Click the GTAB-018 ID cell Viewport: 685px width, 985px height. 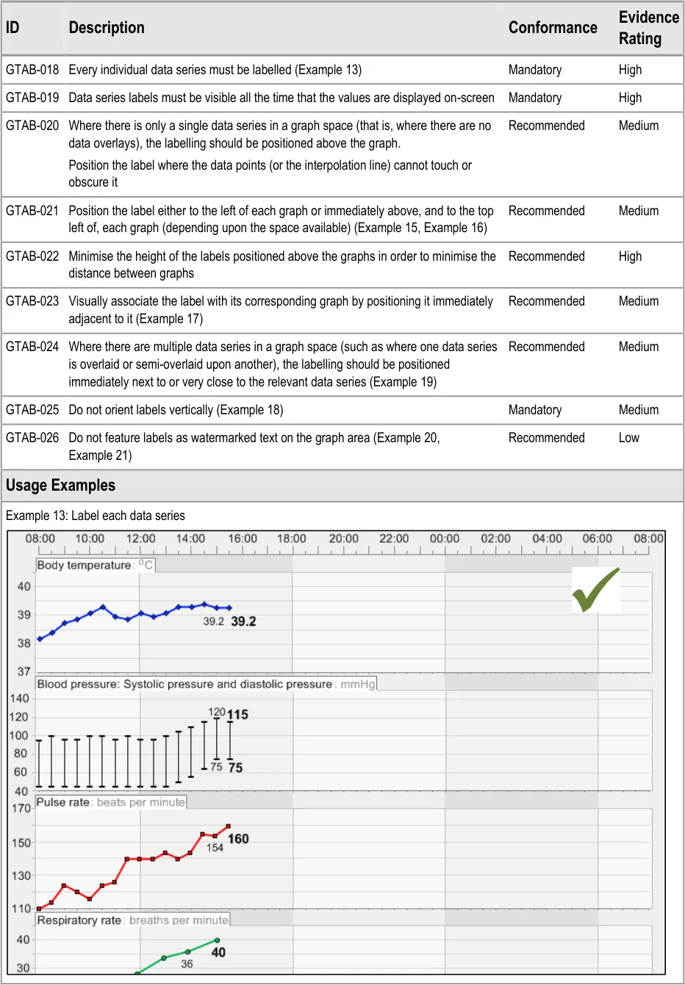[32, 70]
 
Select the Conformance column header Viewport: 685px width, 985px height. [553, 28]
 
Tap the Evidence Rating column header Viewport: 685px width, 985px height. [648, 28]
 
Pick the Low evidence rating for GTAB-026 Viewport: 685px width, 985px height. [628, 438]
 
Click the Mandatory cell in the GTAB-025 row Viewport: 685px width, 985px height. [534, 410]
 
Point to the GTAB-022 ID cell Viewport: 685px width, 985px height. [32, 256]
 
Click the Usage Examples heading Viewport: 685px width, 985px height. [60, 486]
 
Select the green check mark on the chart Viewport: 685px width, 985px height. [595, 590]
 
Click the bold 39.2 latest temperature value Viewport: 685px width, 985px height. [243, 621]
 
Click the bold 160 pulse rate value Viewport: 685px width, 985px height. [238, 839]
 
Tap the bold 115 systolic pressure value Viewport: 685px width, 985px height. [237, 715]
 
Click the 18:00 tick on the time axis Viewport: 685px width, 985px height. [292, 538]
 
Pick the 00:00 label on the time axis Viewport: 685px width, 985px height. [445, 538]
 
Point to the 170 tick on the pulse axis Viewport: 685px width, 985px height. [21, 808]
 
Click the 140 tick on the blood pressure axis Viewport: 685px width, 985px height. [20, 699]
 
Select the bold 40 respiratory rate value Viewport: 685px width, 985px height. [218, 953]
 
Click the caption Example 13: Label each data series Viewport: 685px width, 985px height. [96, 516]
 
